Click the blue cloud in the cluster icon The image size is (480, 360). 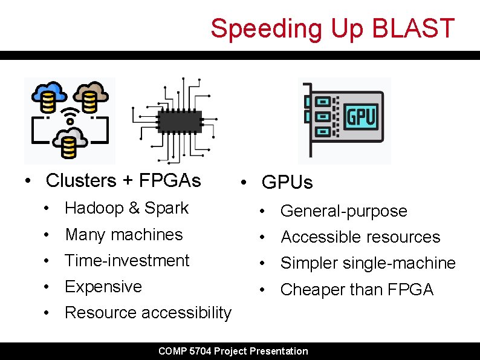[x=48, y=94]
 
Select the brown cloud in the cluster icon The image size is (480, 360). [x=91, y=94]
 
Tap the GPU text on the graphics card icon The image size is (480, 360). [x=361, y=116]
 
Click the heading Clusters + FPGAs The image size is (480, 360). [x=123, y=180]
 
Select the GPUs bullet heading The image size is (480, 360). [x=287, y=182]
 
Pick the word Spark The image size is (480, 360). [x=167, y=208]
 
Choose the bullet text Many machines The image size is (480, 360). [x=123, y=234]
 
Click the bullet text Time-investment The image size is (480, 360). [x=127, y=260]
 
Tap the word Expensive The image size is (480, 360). [x=103, y=286]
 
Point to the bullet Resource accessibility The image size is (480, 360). [x=148, y=312]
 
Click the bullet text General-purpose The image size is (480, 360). [x=343, y=211]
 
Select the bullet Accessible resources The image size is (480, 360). [x=360, y=237]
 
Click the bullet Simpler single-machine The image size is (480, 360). [x=368, y=263]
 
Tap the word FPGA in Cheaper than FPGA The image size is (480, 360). [x=410, y=290]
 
